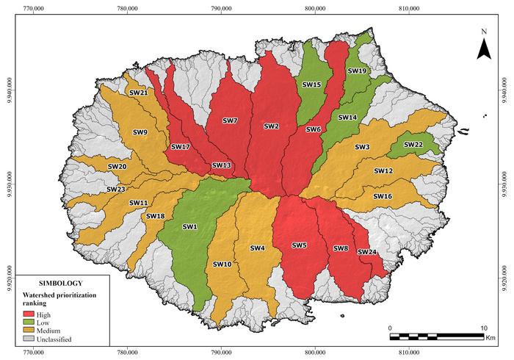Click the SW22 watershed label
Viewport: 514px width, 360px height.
click(413, 145)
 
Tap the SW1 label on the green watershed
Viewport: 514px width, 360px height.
click(190, 226)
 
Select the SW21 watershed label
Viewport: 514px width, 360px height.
click(138, 93)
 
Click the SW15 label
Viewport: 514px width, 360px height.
click(311, 85)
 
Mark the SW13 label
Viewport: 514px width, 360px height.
click(221, 165)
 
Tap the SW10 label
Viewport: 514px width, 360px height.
click(222, 264)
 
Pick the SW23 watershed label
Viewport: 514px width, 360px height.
click(115, 189)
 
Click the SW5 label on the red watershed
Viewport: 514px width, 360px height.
click(299, 245)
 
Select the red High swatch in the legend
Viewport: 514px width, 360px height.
click(29, 314)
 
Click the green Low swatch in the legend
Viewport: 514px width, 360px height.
click(29, 323)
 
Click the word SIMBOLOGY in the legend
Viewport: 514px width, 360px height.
click(61, 282)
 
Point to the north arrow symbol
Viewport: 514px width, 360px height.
click(484, 48)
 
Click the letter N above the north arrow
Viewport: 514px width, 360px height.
click(484, 32)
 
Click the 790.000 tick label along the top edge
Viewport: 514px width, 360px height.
click(221, 8)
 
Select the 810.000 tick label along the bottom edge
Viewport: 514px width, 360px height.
click(409, 353)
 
